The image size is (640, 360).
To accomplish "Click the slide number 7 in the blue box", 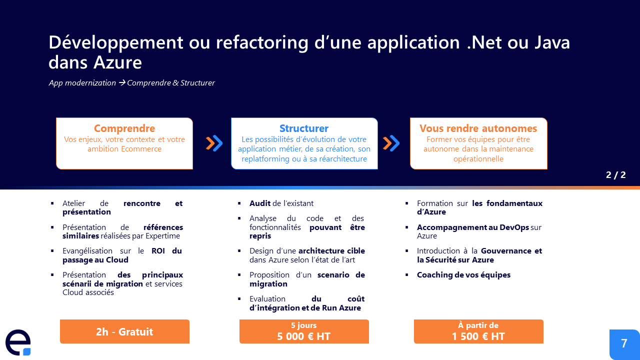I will point(624,343).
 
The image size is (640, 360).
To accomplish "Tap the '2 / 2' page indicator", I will point(615,175).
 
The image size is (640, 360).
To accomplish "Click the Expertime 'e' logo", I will point(18,342).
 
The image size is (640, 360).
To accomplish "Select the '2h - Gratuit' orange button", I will point(124,331).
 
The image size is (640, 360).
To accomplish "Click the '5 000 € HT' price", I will point(304,336).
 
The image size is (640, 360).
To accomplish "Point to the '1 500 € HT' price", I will point(478,336).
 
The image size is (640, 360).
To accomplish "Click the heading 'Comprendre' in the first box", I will point(124,128).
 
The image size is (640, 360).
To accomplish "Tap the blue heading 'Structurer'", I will point(304,128).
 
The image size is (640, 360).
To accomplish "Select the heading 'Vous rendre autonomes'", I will point(478,128).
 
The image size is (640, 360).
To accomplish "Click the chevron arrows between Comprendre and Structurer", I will point(214,143).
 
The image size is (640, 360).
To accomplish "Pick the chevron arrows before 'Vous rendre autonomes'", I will point(391,143).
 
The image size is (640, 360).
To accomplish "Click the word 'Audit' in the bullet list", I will point(260,203).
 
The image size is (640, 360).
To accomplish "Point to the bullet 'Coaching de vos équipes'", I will point(463,275).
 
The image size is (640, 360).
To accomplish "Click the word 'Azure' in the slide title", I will point(117,63).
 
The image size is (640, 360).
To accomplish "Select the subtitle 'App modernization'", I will point(82,83).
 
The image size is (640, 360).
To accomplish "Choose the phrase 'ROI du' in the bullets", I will point(167,251).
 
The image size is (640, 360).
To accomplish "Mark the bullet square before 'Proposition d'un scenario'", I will point(239,275).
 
